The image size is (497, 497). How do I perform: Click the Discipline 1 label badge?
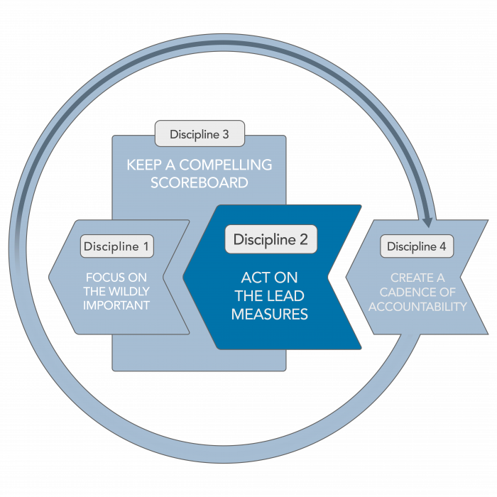[117, 246]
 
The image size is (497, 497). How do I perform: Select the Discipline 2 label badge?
[271, 239]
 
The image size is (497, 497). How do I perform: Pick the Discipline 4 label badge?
[417, 246]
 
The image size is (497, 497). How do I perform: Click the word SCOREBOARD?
[200, 182]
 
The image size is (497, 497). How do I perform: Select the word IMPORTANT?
[116, 306]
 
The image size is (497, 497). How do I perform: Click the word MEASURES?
[270, 315]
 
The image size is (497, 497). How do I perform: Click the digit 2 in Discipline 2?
[303, 239]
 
